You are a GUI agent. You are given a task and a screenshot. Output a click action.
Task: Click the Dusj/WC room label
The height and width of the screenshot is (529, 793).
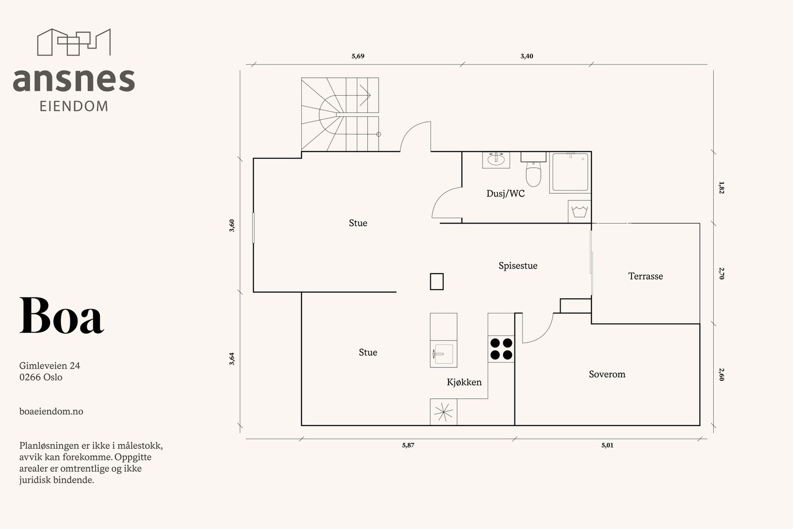505,194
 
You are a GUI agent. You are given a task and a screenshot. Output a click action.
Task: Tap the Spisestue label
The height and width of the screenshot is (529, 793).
518,266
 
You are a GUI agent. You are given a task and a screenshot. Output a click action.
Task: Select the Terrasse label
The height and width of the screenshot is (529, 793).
645,276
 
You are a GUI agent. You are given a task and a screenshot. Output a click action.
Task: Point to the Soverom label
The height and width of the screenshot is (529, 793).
607,374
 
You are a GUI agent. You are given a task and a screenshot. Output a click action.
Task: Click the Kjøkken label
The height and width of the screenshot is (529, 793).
464,382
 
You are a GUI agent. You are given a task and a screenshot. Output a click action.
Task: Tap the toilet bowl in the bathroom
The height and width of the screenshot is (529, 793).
533,174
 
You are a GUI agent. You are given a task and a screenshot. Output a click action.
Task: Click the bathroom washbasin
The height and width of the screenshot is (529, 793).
496,160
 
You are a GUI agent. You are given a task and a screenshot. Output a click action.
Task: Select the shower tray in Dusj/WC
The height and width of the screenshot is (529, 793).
570,173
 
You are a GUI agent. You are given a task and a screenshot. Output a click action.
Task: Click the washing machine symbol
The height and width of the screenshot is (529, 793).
579,211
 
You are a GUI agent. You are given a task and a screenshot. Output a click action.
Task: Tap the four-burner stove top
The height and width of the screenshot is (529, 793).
501,349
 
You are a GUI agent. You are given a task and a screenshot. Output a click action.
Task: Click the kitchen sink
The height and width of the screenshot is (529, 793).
443,353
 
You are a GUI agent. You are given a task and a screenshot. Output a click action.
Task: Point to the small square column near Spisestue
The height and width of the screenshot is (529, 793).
437,282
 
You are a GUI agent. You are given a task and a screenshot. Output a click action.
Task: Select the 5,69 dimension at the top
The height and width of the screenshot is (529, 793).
358,56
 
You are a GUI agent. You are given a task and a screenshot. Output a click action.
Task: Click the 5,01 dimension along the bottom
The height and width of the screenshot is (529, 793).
607,445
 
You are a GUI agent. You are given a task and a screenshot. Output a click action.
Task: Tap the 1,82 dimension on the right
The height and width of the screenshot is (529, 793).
722,188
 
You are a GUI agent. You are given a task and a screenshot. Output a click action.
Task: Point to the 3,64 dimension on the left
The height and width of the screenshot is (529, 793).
231,358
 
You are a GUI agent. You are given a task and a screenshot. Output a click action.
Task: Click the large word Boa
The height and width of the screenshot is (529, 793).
61,315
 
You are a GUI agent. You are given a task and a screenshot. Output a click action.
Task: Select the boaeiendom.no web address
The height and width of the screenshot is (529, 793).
52,411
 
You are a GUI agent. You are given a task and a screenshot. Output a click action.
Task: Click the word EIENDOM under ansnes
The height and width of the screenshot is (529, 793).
74,106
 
